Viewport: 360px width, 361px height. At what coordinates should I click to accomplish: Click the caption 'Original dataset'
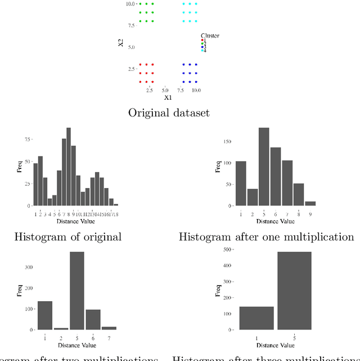(169, 113)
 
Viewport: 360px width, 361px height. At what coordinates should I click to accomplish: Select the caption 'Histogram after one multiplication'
(266, 237)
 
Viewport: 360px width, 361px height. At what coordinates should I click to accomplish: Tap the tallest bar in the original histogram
(69, 167)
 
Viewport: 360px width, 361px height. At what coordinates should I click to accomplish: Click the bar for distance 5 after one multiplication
(264, 167)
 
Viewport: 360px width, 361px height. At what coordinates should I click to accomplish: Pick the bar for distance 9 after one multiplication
(310, 203)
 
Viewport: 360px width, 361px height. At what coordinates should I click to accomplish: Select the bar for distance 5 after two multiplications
(76, 291)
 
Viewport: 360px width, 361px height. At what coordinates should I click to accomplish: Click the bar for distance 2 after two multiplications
(61, 328)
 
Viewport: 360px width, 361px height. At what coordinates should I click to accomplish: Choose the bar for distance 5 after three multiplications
(294, 291)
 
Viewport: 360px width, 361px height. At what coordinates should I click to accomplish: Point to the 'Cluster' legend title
(210, 35)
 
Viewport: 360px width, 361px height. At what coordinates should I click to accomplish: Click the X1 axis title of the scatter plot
(167, 97)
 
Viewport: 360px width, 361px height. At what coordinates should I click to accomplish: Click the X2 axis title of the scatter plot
(121, 43)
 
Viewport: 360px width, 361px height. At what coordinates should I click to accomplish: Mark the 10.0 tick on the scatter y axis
(130, 3)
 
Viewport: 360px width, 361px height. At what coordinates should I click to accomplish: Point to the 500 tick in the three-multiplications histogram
(228, 248)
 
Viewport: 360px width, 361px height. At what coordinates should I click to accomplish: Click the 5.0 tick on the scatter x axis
(165, 90)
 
